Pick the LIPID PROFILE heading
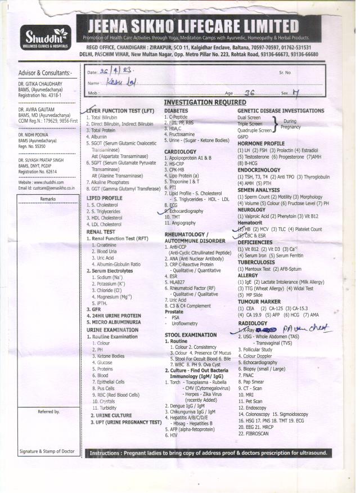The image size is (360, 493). pyautogui.click(x=104, y=198)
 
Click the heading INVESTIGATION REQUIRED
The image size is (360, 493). pyautogui.click(x=205, y=102)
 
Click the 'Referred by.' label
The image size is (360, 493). pyautogui.click(x=48, y=412)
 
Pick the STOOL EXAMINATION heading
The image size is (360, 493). pyautogui.click(x=190, y=334)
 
